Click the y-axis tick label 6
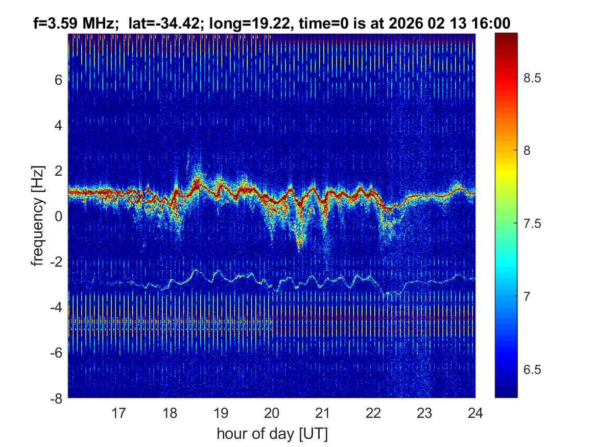[59, 80]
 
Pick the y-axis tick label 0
[59, 216]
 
